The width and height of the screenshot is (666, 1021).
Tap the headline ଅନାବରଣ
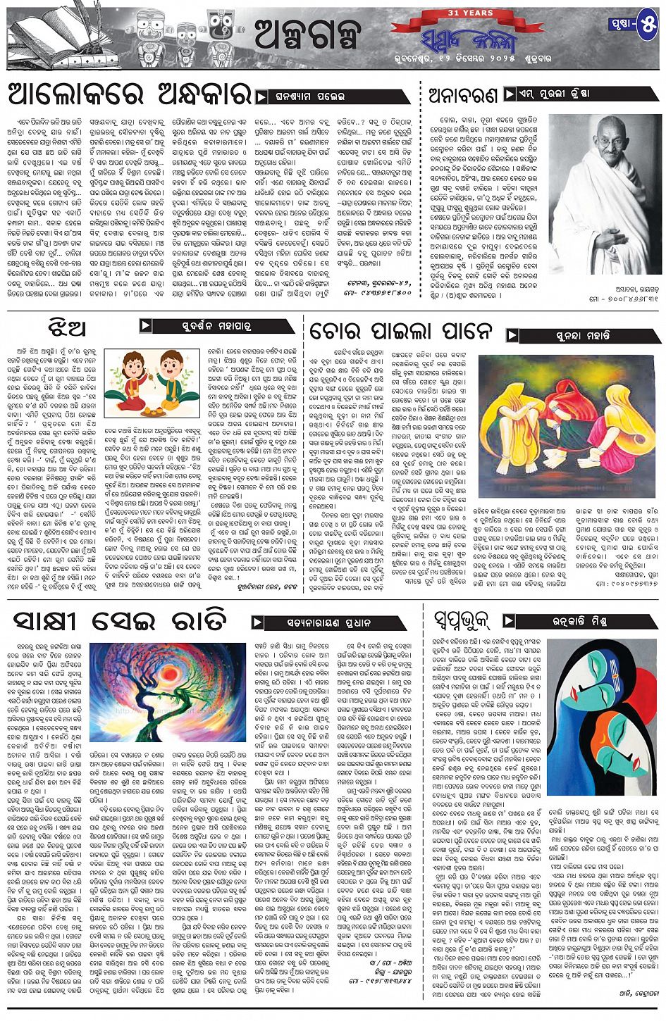(462, 95)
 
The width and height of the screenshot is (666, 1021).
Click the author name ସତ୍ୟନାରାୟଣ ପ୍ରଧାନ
(328, 622)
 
